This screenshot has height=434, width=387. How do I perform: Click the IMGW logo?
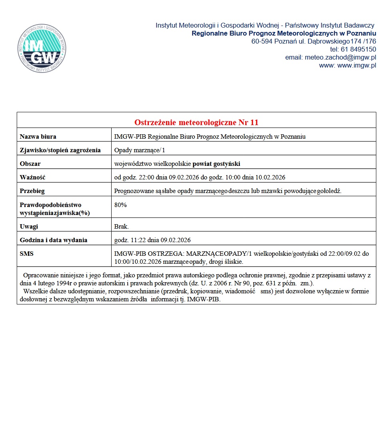point(42,48)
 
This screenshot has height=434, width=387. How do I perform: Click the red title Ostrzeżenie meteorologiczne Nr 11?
point(196,122)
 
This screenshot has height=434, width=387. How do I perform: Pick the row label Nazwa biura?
point(38,137)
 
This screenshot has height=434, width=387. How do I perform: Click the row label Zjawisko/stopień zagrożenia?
point(60,150)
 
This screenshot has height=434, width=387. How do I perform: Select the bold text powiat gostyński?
point(217,164)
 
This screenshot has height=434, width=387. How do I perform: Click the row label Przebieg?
point(32,191)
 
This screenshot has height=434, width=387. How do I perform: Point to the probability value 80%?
point(120,205)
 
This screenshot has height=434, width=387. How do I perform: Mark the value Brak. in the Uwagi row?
point(122,227)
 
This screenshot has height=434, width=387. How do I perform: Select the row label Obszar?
point(30,164)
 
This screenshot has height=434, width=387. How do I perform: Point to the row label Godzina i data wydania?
point(54,240)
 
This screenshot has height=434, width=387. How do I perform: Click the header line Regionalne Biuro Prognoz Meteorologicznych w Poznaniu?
point(284,33)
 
